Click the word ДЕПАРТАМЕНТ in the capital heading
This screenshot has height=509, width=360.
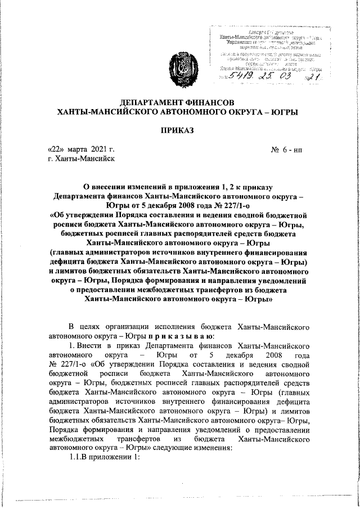[149, 102]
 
